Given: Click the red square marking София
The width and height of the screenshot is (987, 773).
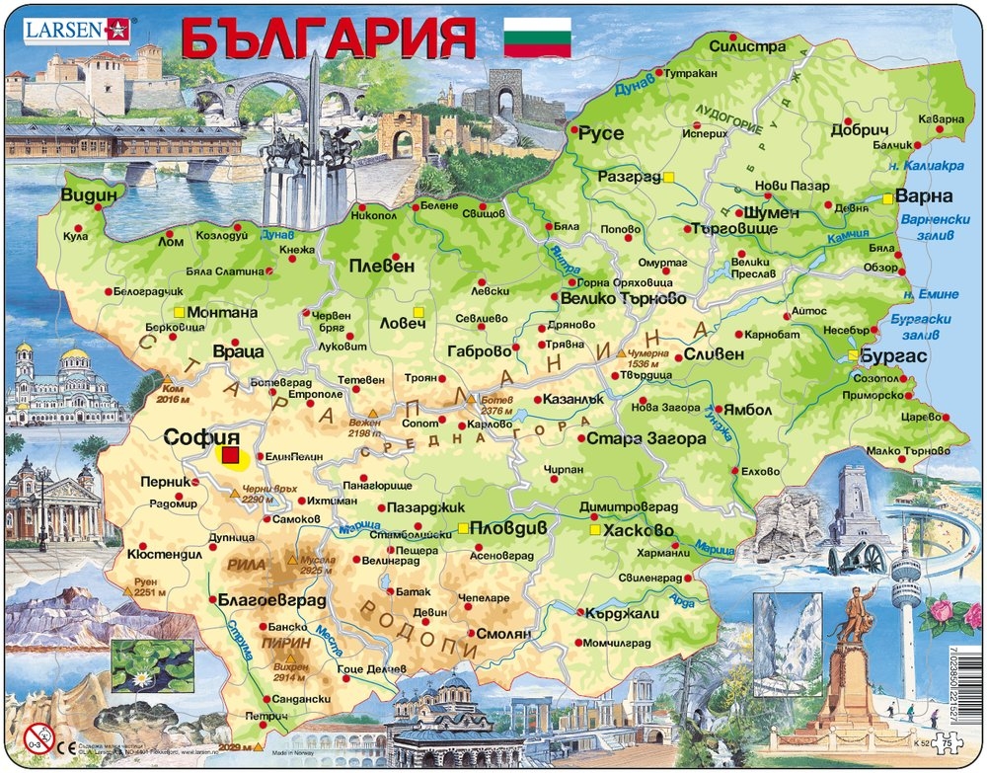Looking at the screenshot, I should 230,455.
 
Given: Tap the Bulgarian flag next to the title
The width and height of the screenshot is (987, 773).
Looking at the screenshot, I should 537,37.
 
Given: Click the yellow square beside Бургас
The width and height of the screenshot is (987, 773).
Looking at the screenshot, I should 852,355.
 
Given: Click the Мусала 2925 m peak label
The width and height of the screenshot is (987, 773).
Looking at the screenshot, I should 318,565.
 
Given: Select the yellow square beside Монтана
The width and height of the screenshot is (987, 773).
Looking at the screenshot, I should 179,312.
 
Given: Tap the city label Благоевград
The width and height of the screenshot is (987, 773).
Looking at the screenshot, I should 266,599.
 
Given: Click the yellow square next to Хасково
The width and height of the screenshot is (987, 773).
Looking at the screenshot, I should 594,530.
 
